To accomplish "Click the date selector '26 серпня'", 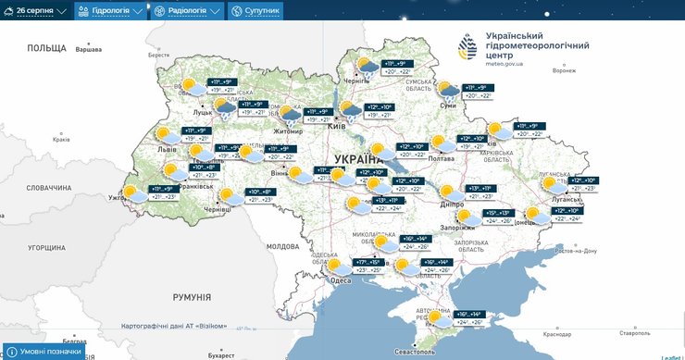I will click(42, 11).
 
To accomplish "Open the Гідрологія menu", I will click(110, 11).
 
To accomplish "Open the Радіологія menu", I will click(187, 11).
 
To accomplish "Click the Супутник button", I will click(255, 11).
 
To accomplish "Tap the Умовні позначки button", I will click(46, 352).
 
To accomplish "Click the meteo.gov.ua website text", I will click(504, 64).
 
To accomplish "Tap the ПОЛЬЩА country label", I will click(46, 48).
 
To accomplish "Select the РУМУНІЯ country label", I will click(192, 297).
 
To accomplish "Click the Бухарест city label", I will click(221, 354).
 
